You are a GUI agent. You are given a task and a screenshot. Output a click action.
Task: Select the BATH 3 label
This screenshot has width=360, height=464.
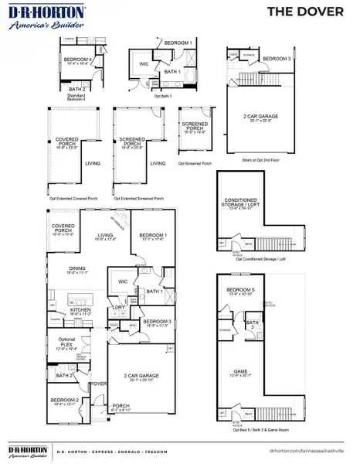click(x=252, y=322)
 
